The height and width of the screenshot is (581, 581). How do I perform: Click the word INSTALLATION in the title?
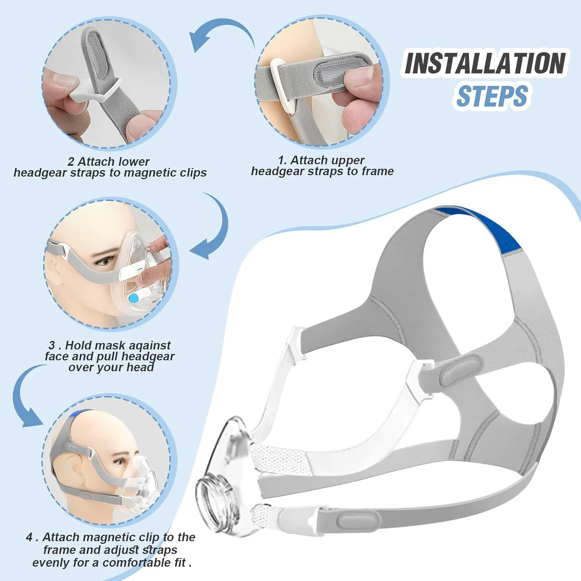[x=485, y=63]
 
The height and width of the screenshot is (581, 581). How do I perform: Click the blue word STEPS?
[x=492, y=96]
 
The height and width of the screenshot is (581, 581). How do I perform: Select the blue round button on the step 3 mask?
[x=134, y=297]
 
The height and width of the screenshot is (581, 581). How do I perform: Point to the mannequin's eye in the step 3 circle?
[x=105, y=261]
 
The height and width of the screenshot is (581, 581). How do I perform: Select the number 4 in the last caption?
[x=29, y=537]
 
